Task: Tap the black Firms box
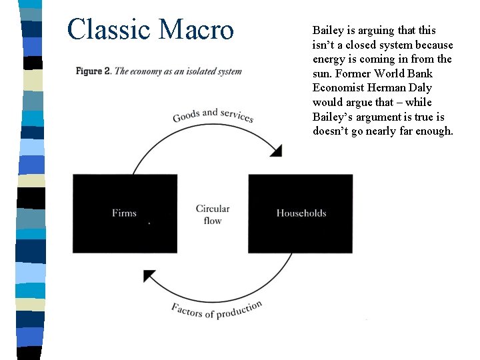(125, 213)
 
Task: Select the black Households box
(301, 213)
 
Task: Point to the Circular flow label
(213, 215)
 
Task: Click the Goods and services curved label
(213, 115)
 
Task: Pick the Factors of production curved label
(217, 309)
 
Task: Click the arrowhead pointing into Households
(275, 151)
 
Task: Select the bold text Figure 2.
(93, 71)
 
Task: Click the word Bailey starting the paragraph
(327, 31)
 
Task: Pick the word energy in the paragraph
(328, 59)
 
